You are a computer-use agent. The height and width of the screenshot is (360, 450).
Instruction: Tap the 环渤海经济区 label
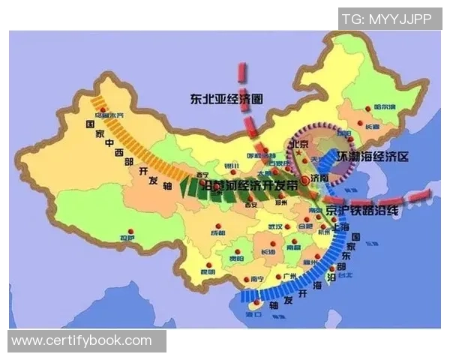click(379, 157)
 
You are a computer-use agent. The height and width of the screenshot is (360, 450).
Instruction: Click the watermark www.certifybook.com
click(82, 340)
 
